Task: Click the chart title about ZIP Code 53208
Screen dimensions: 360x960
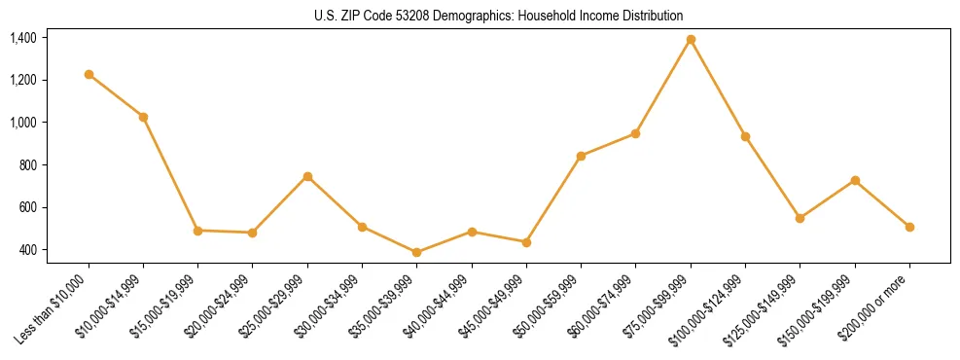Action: point(499,16)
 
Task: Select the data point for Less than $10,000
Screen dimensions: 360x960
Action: point(89,75)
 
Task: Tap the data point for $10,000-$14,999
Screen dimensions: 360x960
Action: point(143,117)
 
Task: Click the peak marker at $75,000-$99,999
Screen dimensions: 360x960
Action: point(691,40)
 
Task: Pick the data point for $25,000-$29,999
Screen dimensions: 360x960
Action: point(307,176)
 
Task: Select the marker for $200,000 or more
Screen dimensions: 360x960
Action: point(909,227)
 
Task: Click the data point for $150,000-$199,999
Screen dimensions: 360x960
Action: point(855,180)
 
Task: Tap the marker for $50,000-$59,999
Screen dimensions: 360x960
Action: point(581,156)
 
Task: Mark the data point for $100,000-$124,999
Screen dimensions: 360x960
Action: point(745,136)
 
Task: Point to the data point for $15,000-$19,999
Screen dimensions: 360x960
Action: point(197,231)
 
